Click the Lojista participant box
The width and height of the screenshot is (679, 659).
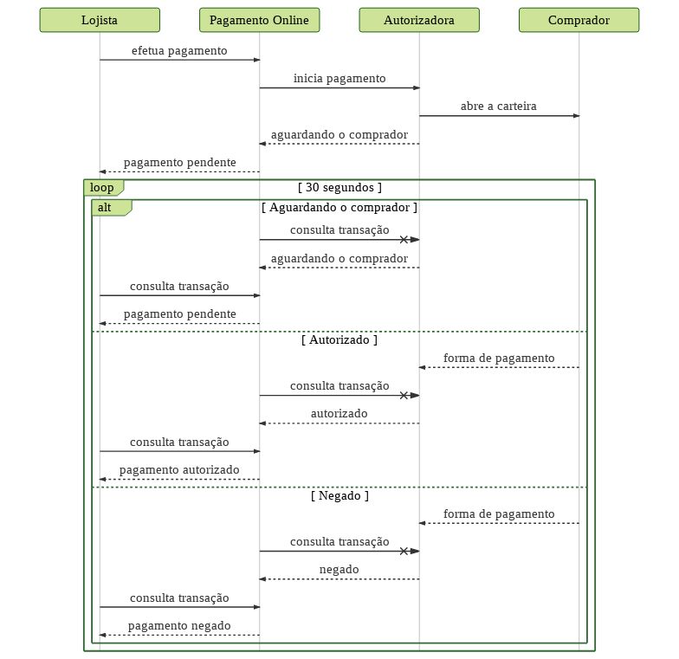click(x=100, y=20)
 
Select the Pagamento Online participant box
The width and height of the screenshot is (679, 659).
click(x=260, y=20)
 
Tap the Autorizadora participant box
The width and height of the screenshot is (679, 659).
click(x=419, y=20)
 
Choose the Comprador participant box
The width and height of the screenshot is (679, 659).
click(x=579, y=20)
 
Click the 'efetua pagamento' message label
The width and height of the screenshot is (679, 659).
click(x=179, y=51)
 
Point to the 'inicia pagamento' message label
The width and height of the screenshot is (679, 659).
click(x=339, y=79)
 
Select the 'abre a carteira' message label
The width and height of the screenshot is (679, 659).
click(x=499, y=106)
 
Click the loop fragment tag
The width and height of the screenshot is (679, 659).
click(x=104, y=187)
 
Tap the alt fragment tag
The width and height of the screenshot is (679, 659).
click(x=111, y=208)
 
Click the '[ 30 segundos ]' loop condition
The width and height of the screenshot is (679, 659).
click(x=339, y=187)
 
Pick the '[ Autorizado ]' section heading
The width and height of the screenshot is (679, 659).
click(x=339, y=339)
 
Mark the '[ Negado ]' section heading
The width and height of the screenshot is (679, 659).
click(x=339, y=495)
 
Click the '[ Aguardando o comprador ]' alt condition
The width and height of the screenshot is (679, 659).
click(x=339, y=208)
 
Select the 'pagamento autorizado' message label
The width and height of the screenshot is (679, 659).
click(x=179, y=470)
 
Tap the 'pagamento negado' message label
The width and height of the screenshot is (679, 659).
click(x=179, y=626)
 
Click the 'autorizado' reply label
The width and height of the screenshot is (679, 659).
click(x=339, y=414)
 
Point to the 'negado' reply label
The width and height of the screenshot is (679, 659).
click(x=339, y=570)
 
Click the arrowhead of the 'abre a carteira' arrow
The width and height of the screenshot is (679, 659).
click(x=577, y=116)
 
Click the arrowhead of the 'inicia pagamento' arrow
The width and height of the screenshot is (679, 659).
click(x=417, y=88)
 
